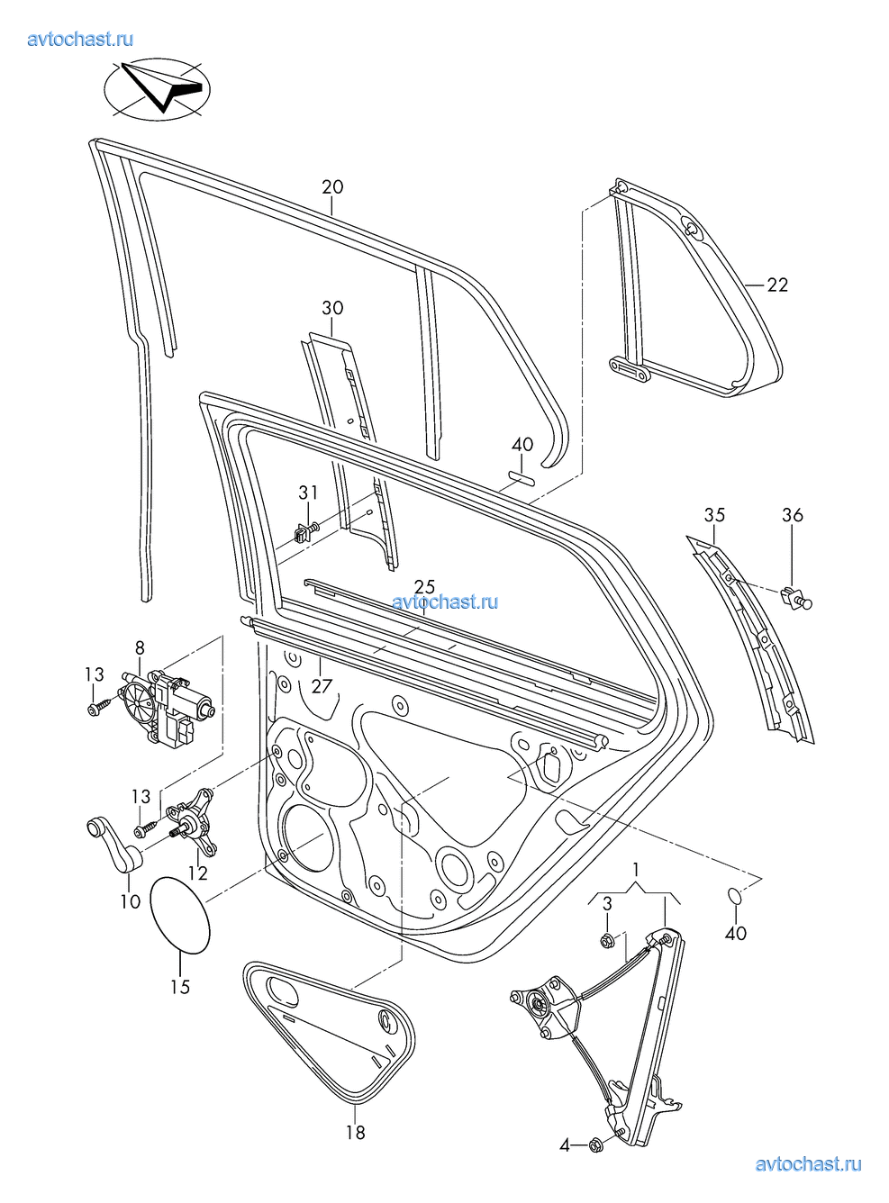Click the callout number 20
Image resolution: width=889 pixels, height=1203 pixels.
332,187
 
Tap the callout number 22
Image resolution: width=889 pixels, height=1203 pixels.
776,285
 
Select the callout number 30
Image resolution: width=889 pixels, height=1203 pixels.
332,308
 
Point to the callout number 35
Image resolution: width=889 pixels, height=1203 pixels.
714,515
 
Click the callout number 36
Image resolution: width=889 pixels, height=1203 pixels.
792,515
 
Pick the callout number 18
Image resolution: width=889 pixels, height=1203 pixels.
356,1133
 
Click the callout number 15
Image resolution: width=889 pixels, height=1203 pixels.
180,987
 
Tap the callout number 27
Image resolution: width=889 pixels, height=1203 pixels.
322,686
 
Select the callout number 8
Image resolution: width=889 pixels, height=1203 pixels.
140,647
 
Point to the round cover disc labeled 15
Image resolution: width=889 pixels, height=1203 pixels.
179,914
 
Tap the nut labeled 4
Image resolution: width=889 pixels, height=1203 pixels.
595,1144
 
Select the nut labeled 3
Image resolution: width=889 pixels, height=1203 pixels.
607,941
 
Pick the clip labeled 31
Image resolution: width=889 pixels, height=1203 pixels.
303,531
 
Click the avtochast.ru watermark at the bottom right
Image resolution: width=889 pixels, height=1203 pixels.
808,1164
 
